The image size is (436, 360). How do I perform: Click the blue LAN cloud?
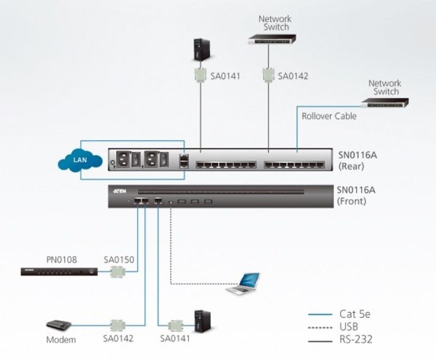(x=80, y=160)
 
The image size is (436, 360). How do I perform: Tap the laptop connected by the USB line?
(x=243, y=284)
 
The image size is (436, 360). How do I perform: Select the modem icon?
(x=59, y=325)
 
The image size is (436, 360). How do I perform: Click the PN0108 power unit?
(x=60, y=271)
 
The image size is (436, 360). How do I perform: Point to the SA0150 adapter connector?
(x=118, y=271)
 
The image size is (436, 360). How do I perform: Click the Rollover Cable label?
(x=329, y=116)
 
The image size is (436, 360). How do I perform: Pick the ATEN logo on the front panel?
(x=120, y=191)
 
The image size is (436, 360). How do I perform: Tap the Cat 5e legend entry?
(x=339, y=314)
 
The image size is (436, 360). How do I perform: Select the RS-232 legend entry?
(x=340, y=340)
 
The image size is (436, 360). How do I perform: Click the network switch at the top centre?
(x=272, y=39)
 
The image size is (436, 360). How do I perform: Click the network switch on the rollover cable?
(x=385, y=103)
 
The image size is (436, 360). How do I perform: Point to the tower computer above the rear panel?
(x=201, y=49)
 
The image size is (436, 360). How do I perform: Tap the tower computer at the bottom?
(x=202, y=321)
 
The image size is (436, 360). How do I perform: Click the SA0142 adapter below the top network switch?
(x=268, y=75)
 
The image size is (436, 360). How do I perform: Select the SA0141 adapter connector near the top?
(x=201, y=75)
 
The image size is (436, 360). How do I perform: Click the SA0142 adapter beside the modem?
(x=118, y=325)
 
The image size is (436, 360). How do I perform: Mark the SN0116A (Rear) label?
(x=358, y=161)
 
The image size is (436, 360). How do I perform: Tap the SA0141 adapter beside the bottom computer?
(x=175, y=326)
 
